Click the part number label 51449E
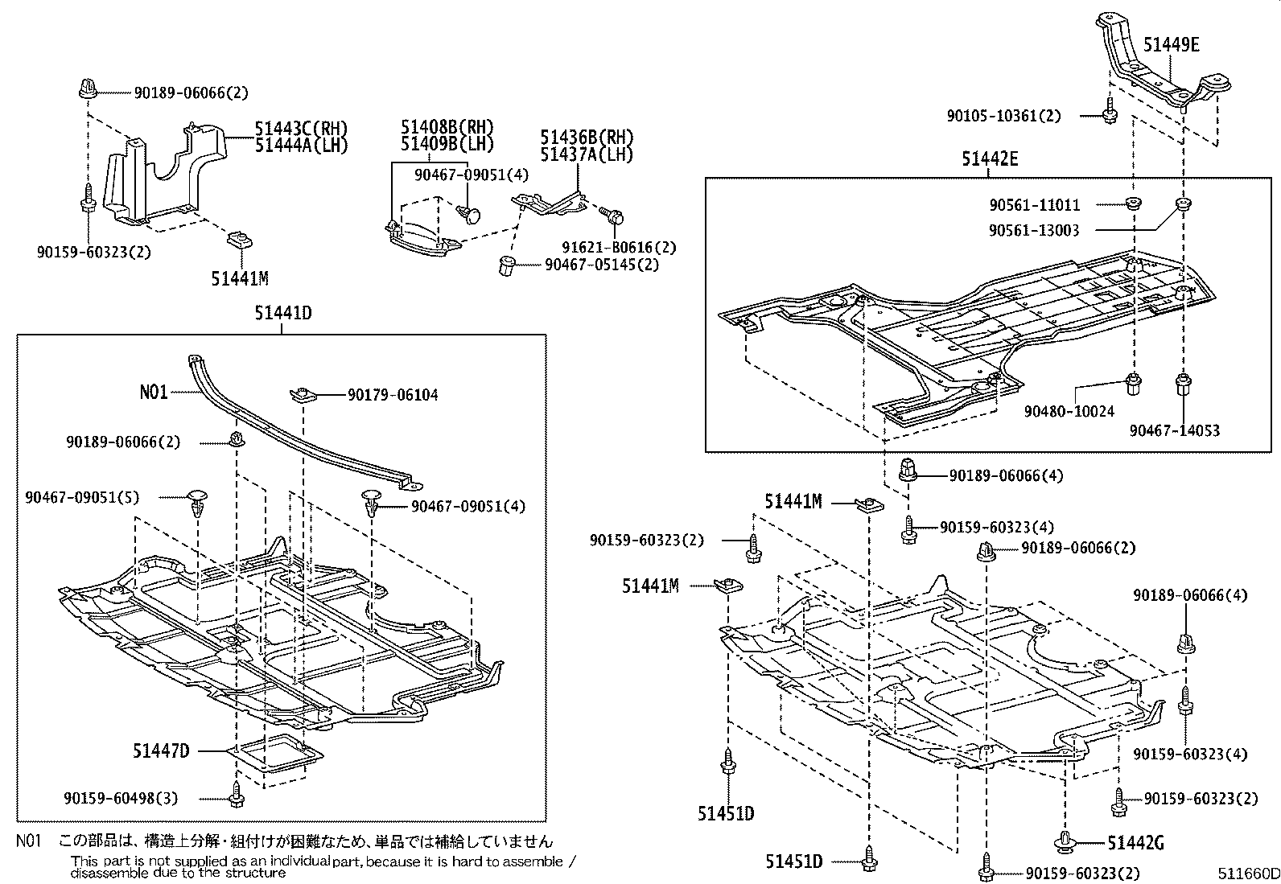point(1172,45)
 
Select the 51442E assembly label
point(989,159)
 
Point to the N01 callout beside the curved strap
point(154,392)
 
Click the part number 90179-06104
point(393,395)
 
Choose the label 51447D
point(161,750)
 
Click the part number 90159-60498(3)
point(121,798)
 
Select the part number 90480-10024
point(1069,411)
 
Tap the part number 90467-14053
point(1174,430)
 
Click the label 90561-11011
point(1035,205)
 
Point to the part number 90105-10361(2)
point(1003,116)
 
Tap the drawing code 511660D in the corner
point(1247,874)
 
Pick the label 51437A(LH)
point(587,154)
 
